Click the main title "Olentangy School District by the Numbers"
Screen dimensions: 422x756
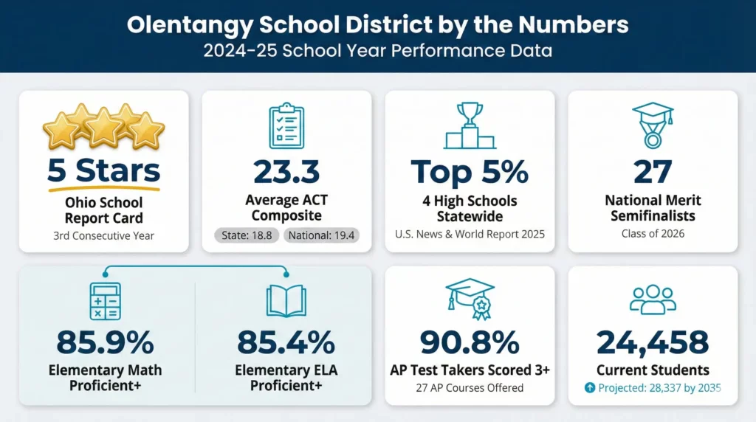377,24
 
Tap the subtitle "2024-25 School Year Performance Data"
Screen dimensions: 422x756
377,52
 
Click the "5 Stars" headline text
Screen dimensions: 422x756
103,170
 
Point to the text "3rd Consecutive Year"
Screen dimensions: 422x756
103,236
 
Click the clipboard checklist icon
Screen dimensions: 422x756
286,128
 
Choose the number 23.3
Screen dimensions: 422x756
286,171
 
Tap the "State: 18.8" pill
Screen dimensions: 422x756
246,236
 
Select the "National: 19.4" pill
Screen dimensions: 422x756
320,236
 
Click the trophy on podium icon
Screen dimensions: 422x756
470,126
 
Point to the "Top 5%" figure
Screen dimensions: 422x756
470,171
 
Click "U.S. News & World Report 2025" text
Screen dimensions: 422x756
470,235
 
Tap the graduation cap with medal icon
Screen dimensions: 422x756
653,125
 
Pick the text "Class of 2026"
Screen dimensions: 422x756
653,234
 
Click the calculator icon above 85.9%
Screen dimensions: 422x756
104,301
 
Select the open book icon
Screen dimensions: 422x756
286,301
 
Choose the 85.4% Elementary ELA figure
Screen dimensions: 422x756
286,342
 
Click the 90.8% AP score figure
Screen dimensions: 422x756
470,342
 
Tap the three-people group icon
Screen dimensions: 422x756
653,299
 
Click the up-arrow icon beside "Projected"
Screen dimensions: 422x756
589,388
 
